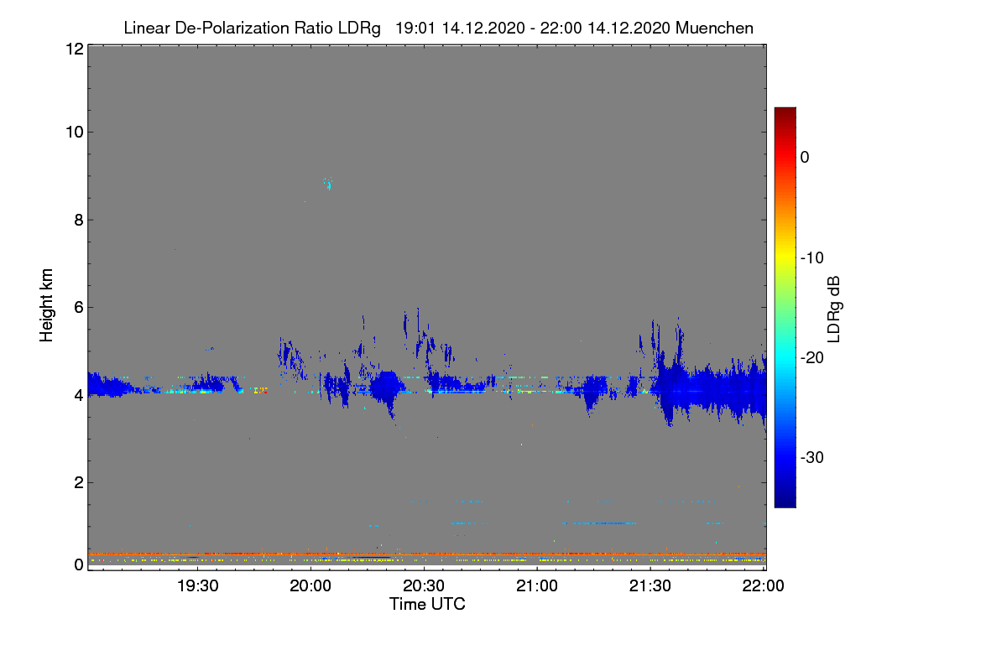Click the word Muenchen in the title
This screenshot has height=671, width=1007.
pyautogui.click(x=714, y=28)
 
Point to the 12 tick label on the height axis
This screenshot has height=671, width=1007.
pyautogui.click(x=75, y=49)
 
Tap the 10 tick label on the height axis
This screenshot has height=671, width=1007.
pyautogui.click(x=75, y=133)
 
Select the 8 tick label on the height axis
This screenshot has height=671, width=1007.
pyautogui.click(x=79, y=220)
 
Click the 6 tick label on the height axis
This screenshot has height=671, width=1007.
pyautogui.click(x=79, y=308)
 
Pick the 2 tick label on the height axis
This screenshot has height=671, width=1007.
pyautogui.click(x=79, y=482)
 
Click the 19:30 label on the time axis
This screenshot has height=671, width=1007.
pyautogui.click(x=197, y=585)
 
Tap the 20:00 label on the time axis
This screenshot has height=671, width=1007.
pyautogui.click(x=310, y=585)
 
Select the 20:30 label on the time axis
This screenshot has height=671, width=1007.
pyautogui.click(x=424, y=585)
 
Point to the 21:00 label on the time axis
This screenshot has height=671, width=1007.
pyautogui.click(x=537, y=585)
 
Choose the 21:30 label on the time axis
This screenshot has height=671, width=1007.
pyautogui.click(x=650, y=585)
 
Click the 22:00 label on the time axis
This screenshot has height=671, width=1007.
pyautogui.click(x=764, y=585)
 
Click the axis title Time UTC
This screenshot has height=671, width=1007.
pyautogui.click(x=427, y=604)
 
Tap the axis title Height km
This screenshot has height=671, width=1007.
pyautogui.click(x=46, y=305)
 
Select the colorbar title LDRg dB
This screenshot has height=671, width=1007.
pyautogui.click(x=834, y=309)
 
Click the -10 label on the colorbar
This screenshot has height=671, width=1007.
pyautogui.click(x=812, y=258)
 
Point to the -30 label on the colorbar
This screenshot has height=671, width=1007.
pyautogui.click(x=812, y=457)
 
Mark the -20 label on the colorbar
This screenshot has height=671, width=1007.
pyautogui.click(x=812, y=358)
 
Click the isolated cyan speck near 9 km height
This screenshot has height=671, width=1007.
pyautogui.click(x=328, y=184)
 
